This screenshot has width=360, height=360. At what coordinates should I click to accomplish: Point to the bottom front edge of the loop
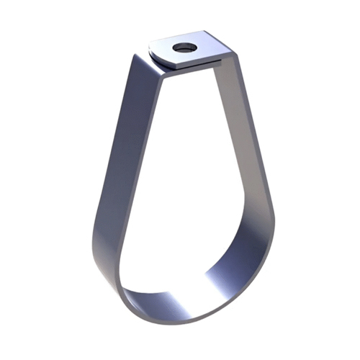pyautogui.click(x=180, y=317)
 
